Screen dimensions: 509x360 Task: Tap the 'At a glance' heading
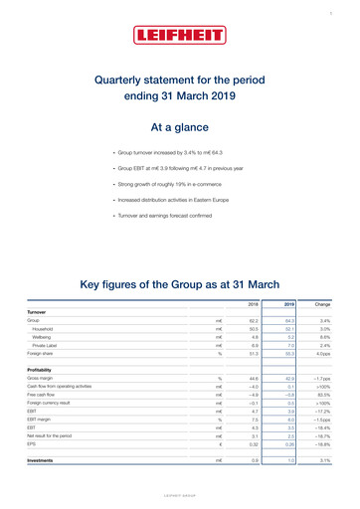click(179, 127)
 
